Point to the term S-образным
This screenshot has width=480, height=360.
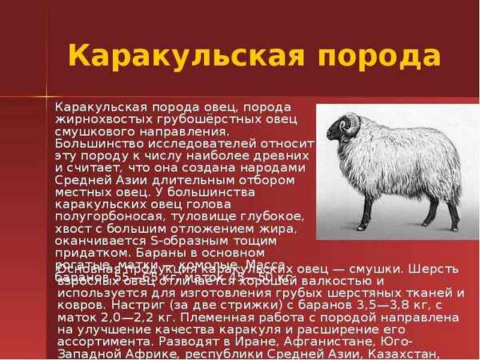coord(182,241)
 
